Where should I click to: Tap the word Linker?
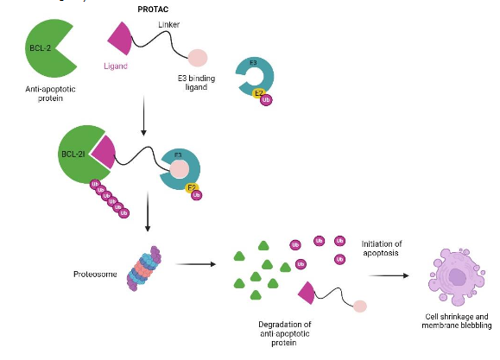coord(170,24)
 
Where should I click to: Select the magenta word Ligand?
coord(115,66)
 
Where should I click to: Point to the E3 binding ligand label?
coord(197,82)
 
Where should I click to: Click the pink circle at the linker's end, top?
coord(198,58)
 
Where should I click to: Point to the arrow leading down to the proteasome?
coord(149,215)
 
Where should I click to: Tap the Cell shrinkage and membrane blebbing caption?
coord(457,320)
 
